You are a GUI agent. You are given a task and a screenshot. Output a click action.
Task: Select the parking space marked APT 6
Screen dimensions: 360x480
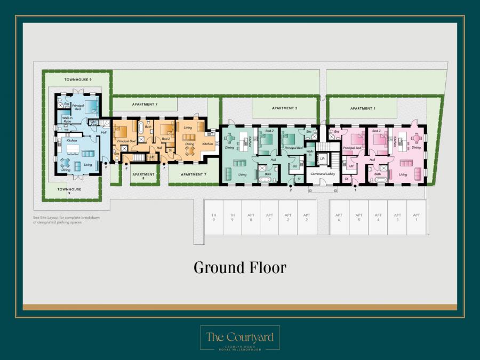339,217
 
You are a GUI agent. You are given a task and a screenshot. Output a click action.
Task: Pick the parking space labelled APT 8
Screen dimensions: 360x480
251,217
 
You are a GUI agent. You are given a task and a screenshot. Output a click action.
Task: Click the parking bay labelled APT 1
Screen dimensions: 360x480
416,217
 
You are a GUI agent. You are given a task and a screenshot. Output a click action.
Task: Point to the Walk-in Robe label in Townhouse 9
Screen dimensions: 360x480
68,119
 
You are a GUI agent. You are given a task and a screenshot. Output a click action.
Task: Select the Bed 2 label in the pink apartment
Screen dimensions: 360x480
376,131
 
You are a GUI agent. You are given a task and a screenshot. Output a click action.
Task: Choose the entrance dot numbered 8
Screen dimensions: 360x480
126,164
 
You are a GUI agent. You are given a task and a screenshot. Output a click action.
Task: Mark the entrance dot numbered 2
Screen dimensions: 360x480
291,185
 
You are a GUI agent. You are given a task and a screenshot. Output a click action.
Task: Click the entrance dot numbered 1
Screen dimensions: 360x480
355,185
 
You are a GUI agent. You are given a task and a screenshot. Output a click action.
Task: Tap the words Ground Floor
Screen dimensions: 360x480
239,267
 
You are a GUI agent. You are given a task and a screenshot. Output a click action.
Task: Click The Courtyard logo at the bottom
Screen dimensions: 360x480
239,338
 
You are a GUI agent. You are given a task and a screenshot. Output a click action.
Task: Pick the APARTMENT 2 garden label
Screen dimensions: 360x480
284,108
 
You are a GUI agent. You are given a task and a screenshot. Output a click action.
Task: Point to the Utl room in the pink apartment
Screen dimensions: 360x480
351,166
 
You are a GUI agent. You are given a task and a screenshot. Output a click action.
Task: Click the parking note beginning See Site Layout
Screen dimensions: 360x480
66,220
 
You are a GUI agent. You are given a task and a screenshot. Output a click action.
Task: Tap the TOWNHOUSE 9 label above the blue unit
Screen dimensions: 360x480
78,79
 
